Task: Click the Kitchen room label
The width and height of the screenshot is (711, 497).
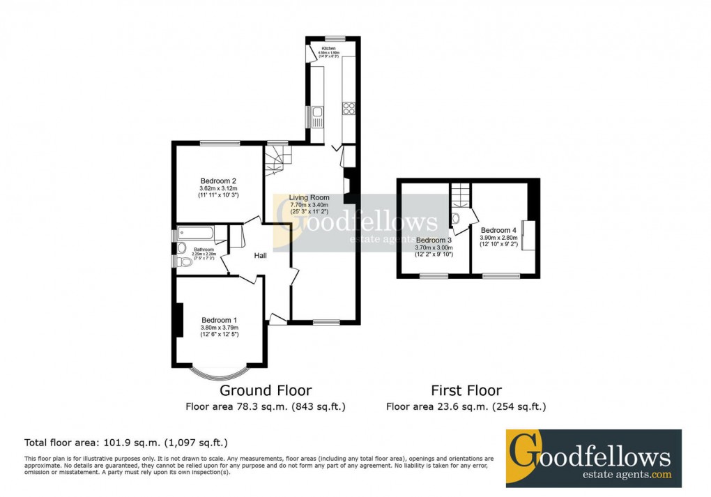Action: point(328,49)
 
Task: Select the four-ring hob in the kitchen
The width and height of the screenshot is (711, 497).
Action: point(349,108)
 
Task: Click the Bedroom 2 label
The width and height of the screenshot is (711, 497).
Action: point(219,181)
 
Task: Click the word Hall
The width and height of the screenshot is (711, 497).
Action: point(260,256)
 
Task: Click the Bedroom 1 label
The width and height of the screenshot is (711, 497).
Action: point(220,320)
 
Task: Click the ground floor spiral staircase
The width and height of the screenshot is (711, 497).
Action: point(277,160)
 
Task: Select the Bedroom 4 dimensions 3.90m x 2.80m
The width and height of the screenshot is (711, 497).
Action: point(498,238)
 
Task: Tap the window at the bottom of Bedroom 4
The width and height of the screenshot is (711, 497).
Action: point(501,276)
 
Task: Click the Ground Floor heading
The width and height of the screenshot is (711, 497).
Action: point(266,390)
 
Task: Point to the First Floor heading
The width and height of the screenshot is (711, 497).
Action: point(466,390)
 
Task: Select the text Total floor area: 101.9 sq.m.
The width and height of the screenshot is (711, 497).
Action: point(125,443)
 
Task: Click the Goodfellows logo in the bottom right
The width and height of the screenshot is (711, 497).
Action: point(593,458)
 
